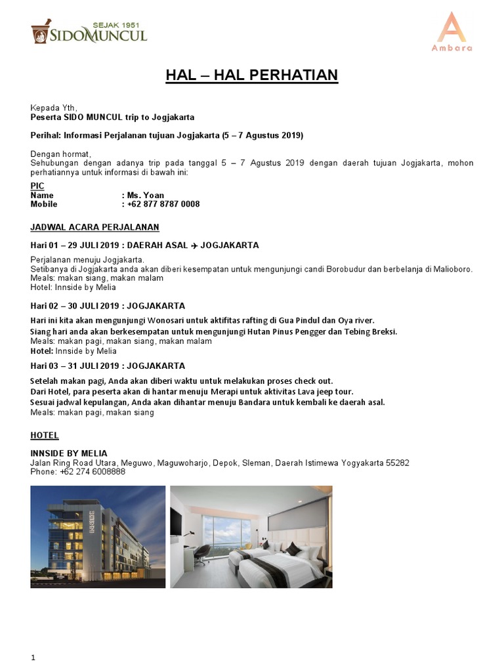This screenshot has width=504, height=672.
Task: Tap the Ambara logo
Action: [451, 31]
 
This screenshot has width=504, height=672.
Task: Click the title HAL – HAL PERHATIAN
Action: [251, 75]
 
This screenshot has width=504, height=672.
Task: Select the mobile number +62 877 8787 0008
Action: [163, 204]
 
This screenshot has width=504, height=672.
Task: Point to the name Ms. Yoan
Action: [146, 195]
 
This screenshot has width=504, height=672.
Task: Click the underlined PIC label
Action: [37, 186]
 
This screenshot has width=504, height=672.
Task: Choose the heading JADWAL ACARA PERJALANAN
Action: [94, 227]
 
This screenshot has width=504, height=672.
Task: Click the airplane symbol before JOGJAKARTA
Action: [194, 245]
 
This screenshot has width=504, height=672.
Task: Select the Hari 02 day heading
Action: [108, 306]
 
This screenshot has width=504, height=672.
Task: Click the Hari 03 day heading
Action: [108, 366]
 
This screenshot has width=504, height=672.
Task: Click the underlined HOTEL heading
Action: [45, 435]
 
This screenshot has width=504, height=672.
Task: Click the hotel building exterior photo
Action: [98, 537]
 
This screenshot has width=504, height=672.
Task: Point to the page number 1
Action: [33, 658]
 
